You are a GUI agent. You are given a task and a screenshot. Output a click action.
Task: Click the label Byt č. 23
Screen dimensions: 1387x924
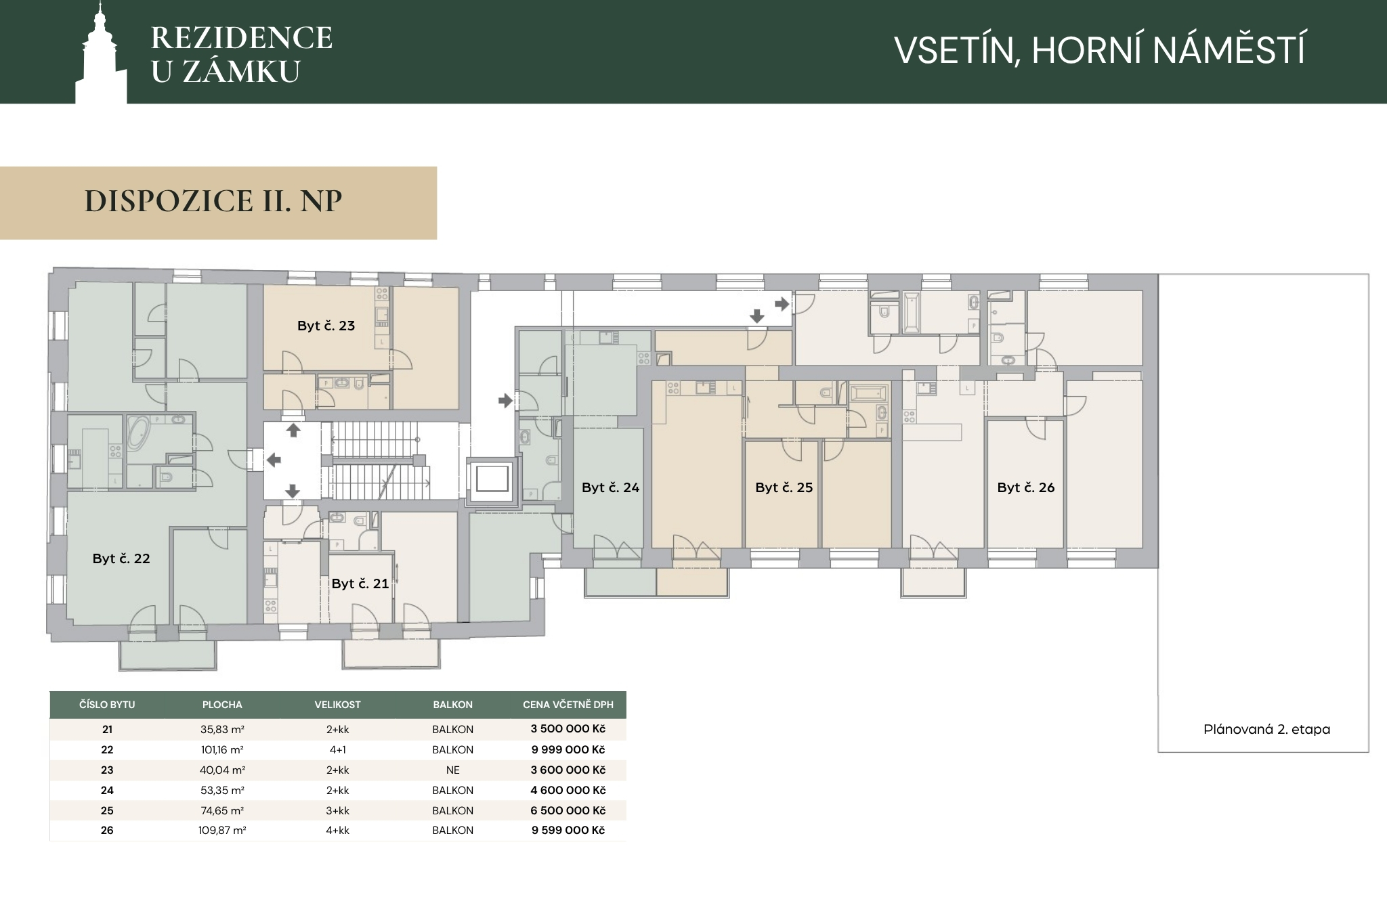(326, 326)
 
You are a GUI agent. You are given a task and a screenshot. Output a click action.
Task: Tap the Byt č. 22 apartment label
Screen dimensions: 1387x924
(121, 558)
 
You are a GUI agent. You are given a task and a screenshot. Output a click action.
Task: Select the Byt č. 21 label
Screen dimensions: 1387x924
(360, 584)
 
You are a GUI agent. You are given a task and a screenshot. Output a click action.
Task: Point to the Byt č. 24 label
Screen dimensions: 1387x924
(610, 487)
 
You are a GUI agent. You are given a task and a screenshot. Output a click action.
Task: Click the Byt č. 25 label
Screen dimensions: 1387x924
(784, 487)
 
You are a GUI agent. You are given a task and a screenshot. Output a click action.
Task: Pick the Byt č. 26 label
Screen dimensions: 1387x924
(1026, 487)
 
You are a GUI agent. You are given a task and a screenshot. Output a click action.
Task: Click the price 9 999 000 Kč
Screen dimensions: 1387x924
(568, 749)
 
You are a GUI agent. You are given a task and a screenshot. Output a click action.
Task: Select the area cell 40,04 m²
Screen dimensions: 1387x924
(222, 770)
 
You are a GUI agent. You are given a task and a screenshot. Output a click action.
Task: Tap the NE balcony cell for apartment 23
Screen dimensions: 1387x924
(453, 770)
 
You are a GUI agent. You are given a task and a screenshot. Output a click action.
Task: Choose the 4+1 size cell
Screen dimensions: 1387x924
(337, 749)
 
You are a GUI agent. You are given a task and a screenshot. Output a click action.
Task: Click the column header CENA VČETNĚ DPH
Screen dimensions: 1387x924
(568, 705)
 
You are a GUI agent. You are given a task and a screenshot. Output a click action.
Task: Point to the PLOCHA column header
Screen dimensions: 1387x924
(222, 705)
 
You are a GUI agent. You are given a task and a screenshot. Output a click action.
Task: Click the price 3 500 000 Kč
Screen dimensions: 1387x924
(568, 729)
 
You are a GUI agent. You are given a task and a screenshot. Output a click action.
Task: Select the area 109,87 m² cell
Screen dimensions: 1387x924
(222, 830)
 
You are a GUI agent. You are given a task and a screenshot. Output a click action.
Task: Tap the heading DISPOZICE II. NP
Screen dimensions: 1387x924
(213, 201)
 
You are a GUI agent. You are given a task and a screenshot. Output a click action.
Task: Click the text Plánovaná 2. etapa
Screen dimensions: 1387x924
(1267, 729)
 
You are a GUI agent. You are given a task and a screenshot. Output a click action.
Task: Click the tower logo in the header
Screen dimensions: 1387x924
(101, 54)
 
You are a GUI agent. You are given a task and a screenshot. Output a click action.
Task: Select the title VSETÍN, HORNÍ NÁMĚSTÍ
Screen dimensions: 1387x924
(1100, 49)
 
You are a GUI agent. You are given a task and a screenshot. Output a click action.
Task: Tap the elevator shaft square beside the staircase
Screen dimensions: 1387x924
(492, 479)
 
